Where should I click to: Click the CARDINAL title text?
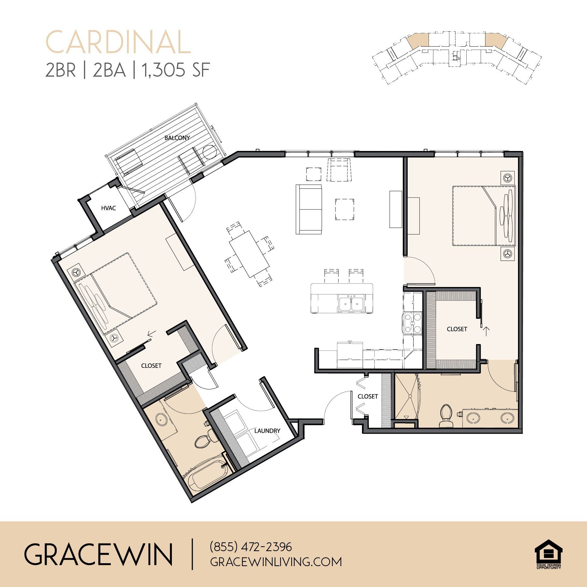click(x=118, y=42)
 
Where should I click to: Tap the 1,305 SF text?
click(x=175, y=70)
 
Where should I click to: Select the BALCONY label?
click(x=177, y=138)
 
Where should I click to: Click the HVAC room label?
click(x=108, y=208)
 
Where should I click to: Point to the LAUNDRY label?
click(x=267, y=431)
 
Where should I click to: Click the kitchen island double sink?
click(x=351, y=304)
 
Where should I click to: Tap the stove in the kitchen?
click(x=413, y=323)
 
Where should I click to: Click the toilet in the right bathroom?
click(x=445, y=415)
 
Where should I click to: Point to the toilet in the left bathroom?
click(x=206, y=438)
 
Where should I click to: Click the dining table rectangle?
click(x=249, y=254)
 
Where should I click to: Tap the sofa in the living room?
click(x=309, y=209)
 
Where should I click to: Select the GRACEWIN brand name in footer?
click(x=98, y=554)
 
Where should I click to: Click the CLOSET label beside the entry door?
click(x=368, y=396)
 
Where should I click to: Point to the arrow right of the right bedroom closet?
click(x=486, y=331)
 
